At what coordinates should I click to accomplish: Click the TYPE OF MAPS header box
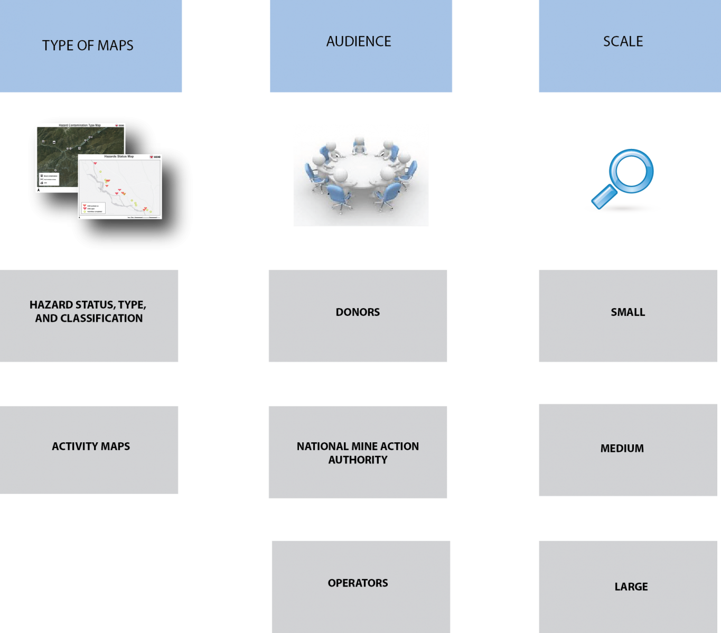click(91, 46)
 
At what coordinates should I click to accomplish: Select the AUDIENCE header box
click(361, 46)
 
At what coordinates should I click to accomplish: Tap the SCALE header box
click(630, 46)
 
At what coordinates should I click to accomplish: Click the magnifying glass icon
click(623, 180)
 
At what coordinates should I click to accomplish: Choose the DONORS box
click(358, 315)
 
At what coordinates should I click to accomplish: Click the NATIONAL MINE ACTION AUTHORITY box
click(358, 452)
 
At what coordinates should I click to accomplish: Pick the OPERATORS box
click(361, 586)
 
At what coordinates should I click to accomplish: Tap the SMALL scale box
click(628, 315)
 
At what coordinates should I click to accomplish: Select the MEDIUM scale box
click(628, 450)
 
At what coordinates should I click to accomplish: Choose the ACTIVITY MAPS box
click(89, 450)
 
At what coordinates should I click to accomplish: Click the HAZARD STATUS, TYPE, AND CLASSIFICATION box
click(89, 315)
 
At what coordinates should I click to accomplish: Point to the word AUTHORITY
click(358, 460)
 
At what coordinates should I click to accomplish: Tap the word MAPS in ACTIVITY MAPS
click(115, 446)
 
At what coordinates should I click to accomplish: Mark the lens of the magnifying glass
click(631, 171)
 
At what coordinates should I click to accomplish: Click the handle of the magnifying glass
click(603, 197)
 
